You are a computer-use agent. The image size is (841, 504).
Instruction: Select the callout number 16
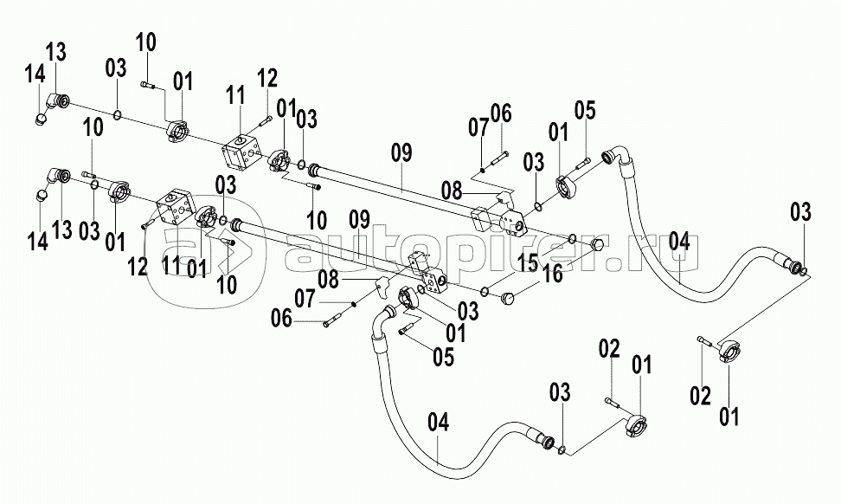pyautogui.click(x=552, y=275)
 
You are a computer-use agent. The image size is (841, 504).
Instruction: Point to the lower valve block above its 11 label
pyautogui.click(x=180, y=210)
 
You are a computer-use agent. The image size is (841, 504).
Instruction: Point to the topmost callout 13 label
pyautogui.click(x=55, y=51)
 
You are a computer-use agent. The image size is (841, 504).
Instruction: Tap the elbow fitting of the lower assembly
pyautogui.click(x=60, y=177)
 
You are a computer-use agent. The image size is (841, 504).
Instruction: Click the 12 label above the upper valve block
pyautogui.click(x=266, y=77)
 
